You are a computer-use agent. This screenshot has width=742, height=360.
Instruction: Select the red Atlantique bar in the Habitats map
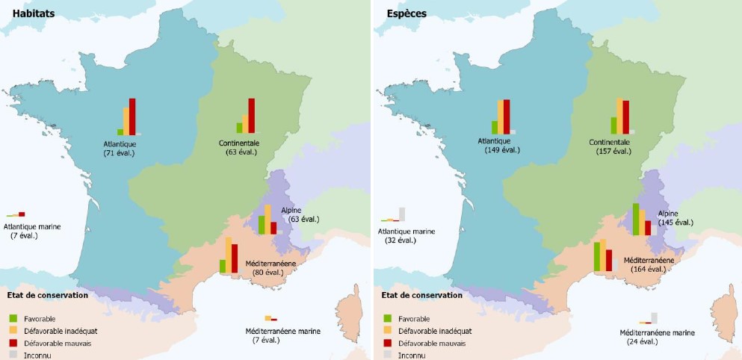coord(132,117)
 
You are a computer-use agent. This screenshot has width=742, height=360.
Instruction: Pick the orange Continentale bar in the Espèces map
coord(619,116)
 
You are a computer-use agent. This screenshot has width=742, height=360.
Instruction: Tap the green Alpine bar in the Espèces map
coord(636,220)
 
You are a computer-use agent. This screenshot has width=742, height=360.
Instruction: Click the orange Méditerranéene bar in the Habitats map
coord(229,255)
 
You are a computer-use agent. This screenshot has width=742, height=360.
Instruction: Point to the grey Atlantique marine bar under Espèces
coord(402,214)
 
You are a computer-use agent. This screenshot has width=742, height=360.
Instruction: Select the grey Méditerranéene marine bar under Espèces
coord(655,317)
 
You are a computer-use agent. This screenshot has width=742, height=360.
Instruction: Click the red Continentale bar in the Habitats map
coord(251,116)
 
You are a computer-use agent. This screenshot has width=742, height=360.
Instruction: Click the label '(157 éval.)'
coord(612,152)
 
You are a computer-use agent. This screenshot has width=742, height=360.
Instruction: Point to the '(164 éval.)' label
coord(647,269)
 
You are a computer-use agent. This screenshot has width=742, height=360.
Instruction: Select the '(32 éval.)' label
coord(401,240)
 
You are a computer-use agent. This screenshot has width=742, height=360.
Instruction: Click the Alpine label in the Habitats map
coord(291,211)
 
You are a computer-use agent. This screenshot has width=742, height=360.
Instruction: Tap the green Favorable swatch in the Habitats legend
coord(12,318)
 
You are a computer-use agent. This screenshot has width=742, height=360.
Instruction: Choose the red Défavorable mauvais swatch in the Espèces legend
coord(387,343)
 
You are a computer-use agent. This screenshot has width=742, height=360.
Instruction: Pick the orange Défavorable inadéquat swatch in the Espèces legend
coord(387,331)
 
